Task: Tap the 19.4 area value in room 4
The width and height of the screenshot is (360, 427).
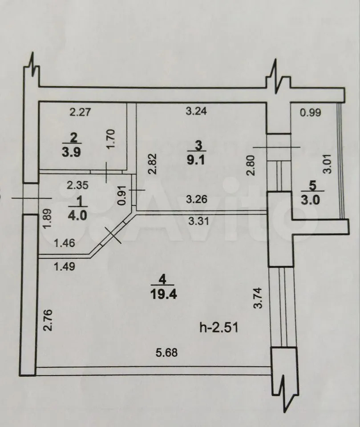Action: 163,294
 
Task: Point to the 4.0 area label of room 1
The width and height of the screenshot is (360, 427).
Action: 78,215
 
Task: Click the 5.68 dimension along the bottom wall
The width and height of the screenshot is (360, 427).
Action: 167,352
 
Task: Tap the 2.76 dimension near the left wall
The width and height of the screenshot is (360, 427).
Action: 48,320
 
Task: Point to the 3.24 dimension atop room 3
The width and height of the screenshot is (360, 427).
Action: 196,111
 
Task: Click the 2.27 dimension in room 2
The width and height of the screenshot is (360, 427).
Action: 80,112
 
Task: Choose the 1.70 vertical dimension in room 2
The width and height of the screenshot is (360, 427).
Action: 112,139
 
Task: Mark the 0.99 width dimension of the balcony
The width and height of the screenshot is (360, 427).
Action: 311,112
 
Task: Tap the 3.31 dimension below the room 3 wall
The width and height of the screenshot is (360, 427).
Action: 198,221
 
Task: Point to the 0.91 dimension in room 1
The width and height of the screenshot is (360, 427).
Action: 123,195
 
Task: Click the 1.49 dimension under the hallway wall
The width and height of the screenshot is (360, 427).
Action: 65,266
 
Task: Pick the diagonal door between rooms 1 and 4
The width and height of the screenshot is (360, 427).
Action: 112,234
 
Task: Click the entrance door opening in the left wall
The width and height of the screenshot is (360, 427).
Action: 30,198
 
